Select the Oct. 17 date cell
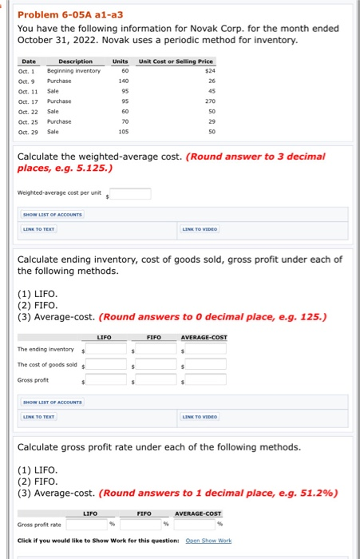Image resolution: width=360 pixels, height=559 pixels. tap(29, 101)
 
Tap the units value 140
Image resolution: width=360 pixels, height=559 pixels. tap(123, 81)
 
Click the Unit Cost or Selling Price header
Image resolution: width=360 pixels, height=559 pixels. tap(176, 61)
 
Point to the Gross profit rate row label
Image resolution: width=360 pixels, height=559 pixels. tap(40, 525)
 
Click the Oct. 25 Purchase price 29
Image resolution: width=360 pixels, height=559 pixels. tap(208, 121)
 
